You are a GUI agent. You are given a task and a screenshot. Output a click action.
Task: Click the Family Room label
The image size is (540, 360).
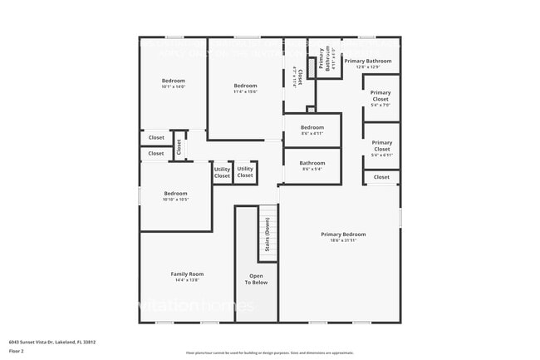point(187,274)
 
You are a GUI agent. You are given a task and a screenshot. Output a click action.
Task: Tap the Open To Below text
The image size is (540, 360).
point(256,279)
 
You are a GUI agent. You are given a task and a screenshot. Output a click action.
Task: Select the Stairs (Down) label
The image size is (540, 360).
point(268,239)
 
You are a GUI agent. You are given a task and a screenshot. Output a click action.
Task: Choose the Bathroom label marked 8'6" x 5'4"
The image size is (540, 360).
point(312,163)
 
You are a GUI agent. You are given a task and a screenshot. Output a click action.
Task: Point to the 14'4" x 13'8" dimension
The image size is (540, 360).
point(187,280)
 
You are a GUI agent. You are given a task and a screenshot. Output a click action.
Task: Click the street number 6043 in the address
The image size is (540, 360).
point(15,342)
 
